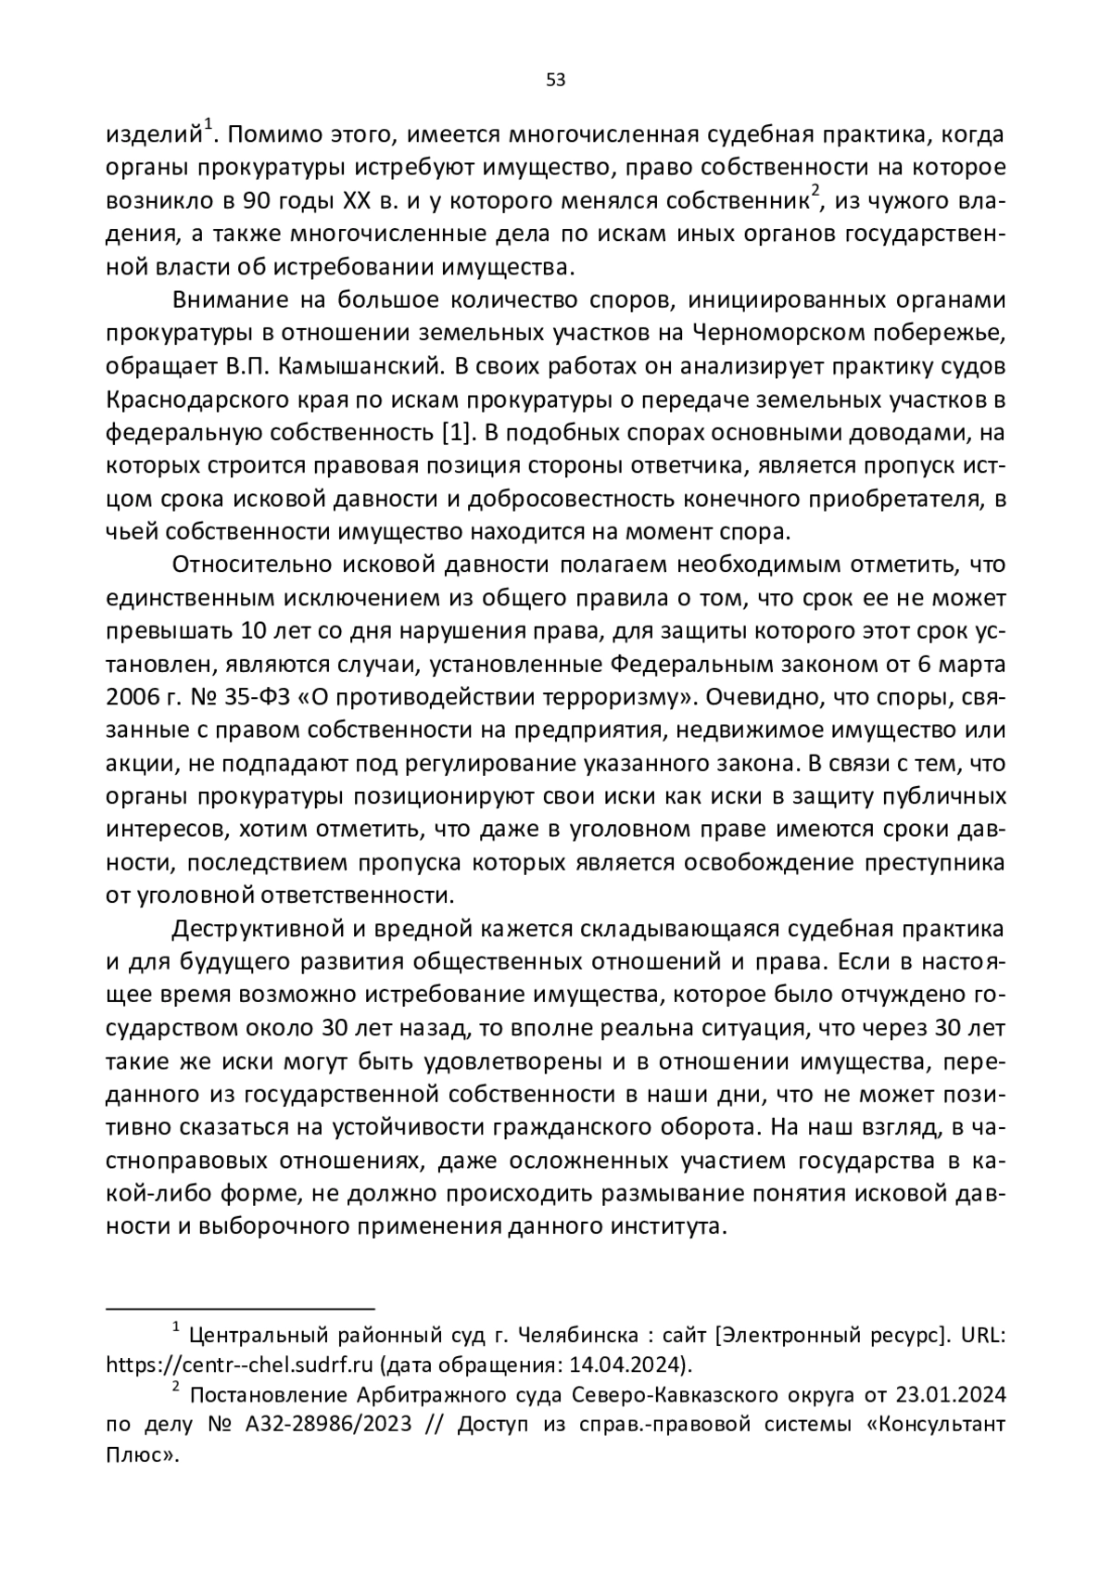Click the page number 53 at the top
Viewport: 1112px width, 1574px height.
[555, 80]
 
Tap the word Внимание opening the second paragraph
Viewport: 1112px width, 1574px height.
[229, 300]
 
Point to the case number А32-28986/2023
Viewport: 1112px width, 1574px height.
[328, 1425]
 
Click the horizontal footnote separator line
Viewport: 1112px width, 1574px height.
[240, 1309]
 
